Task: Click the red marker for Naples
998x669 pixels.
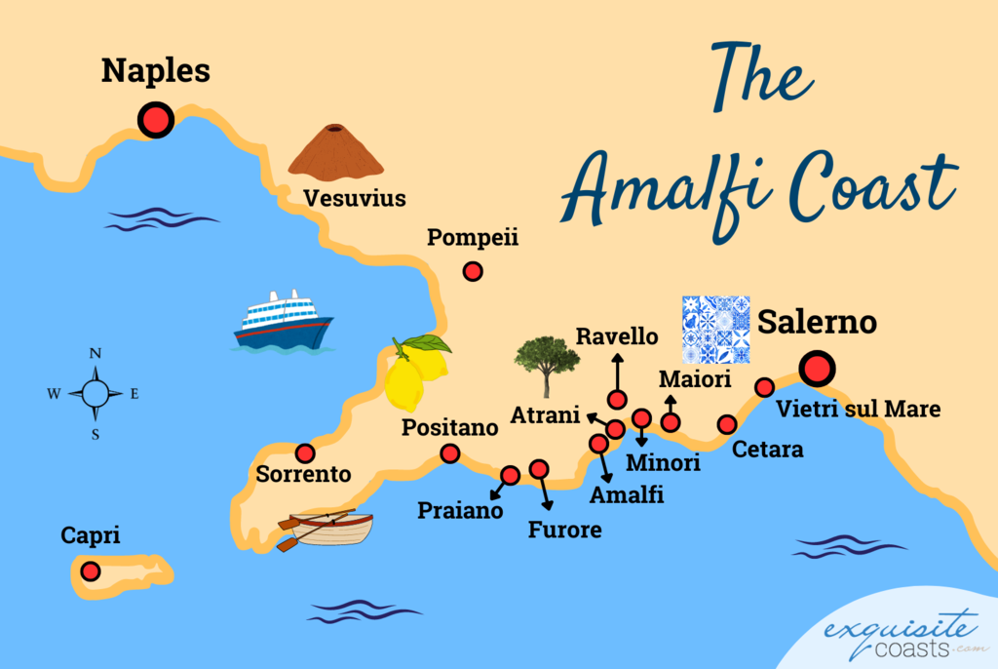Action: (x=155, y=120)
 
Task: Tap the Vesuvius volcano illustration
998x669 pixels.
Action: (x=335, y=154)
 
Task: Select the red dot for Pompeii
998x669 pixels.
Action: (x=473, y=272)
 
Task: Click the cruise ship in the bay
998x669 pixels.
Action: (x=283, y=321)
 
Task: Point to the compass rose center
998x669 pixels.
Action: (x=96, y=394)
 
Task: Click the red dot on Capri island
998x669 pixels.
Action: (x=91, y=571)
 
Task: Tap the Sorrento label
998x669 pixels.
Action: (x=303, y=475)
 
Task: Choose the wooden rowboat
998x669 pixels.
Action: (x=326, y=528)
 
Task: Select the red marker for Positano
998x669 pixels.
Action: (x=450, y=453)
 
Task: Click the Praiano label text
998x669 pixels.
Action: (x=460, y=510)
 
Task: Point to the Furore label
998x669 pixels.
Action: (x=565, y=531)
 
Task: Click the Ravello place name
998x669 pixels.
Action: (x=617, y=336)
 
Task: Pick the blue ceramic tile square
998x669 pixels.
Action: (x=715, y=329)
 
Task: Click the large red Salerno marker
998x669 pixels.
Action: (x=816, y=369)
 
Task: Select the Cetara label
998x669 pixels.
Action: (x=768, y=450)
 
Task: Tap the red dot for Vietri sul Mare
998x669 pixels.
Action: (x=765, y=387)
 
